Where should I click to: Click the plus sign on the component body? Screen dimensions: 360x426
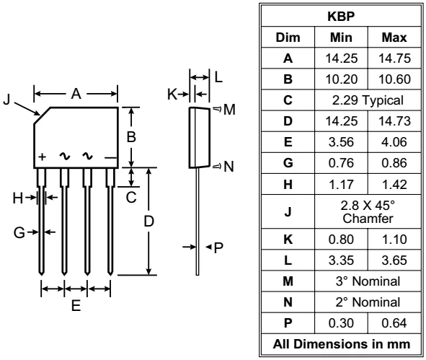[x=43, y=157]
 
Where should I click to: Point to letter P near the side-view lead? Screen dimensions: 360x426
[x=220, y=247]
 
